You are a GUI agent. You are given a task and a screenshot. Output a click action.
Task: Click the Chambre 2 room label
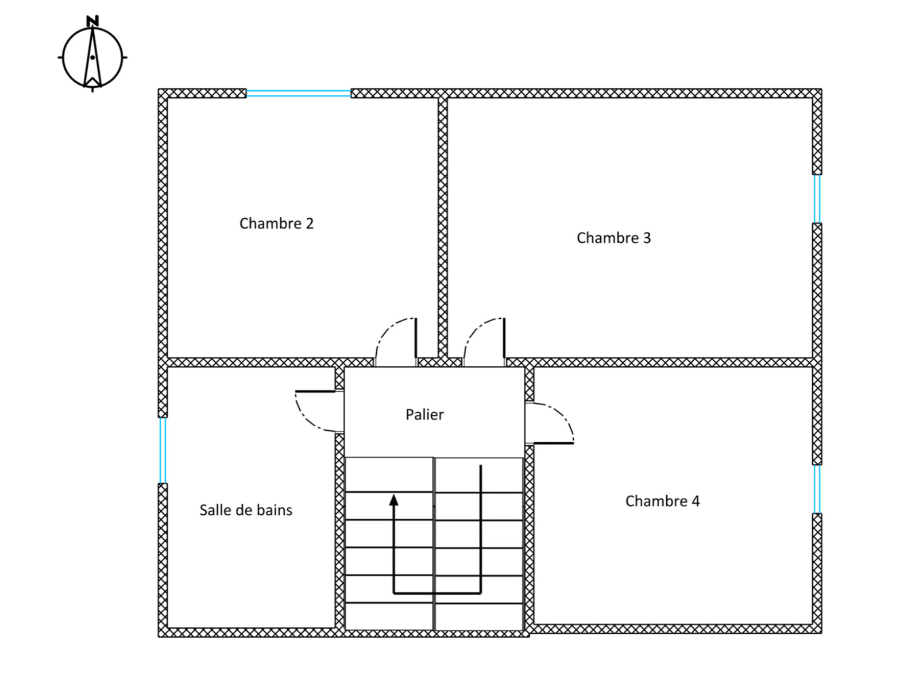[276, 223]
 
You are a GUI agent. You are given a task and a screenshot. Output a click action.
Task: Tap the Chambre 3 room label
[613, 237]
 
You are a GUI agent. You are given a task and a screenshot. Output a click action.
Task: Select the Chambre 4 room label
[662, 501]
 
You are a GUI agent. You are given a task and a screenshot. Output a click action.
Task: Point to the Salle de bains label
[246, 510]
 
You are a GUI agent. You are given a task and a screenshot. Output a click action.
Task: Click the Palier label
[424, 415]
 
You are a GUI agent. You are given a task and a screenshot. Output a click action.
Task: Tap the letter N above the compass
[92, 21]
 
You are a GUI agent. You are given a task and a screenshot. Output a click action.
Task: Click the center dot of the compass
[92, 57]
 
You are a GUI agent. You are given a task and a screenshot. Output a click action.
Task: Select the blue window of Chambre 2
[299, 93]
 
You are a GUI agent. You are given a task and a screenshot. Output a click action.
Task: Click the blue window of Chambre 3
[817, 199]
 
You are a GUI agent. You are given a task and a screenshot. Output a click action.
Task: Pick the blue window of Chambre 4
[817, 489]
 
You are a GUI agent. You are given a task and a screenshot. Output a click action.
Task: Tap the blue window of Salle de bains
[163, 450]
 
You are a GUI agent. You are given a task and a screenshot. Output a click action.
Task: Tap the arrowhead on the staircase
[393, 500]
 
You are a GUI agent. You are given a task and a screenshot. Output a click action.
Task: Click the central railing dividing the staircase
[434, 544]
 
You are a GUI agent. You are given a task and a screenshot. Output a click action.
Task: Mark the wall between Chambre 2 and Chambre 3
[442, 228]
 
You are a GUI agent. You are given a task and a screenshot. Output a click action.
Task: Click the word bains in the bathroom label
[275, 510]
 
